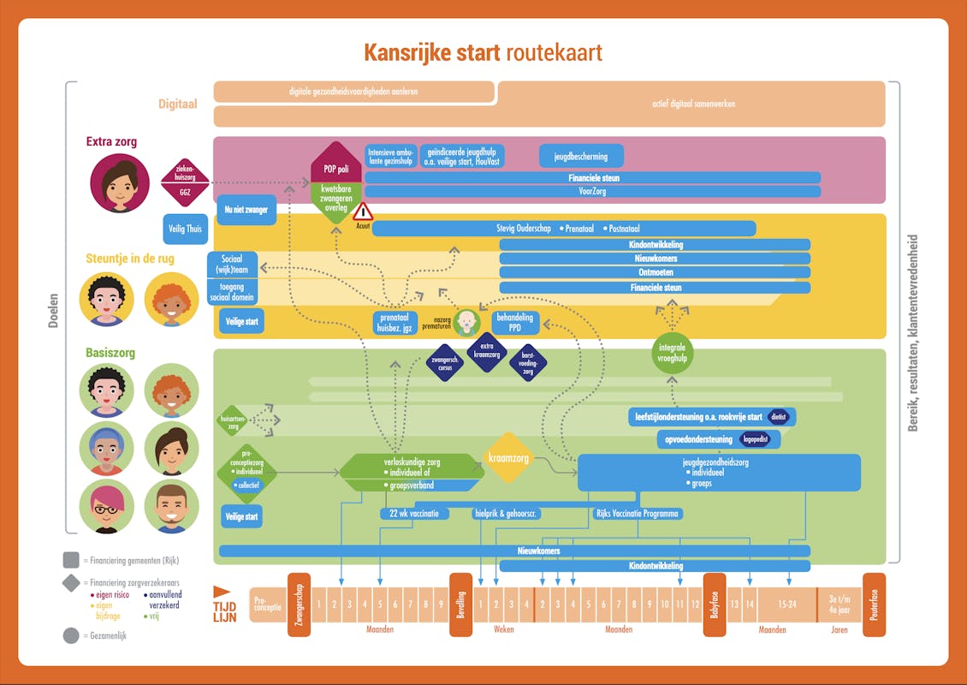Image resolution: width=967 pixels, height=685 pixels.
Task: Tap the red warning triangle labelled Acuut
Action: click(x=363, y=212)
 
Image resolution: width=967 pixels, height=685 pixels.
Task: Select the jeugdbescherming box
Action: click(x=581, y=157)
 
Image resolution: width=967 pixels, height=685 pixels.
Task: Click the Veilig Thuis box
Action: click(x=186, y=229)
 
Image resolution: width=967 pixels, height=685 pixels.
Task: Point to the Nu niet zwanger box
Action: click(x=245, y=210)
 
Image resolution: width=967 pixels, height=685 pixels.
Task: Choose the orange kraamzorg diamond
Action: click(x=508, y=458)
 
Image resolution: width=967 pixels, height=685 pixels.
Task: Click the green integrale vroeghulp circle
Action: click(x=673, y=353)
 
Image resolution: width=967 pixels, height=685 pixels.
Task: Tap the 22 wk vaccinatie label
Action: click(x=414, y=514)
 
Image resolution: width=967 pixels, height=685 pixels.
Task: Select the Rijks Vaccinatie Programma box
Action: click(x=638, y=514)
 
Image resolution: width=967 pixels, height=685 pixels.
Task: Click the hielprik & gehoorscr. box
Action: click(x=506, y=514)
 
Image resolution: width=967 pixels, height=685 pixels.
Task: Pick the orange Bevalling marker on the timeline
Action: click(x=460, y=605)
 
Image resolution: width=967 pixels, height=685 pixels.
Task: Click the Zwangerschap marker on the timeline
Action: click(x=299, y=605)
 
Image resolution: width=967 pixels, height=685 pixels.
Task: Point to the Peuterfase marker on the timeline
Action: click(x=874, y=605)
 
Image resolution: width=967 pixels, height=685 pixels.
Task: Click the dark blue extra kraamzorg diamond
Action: click(x=488, y=352)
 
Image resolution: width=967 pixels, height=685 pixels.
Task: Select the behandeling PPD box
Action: click(x=514, y=323)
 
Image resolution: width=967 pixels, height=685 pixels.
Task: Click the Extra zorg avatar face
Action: click(x=120, y=182)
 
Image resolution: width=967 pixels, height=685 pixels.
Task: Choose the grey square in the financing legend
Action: click(x=71, y=560)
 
